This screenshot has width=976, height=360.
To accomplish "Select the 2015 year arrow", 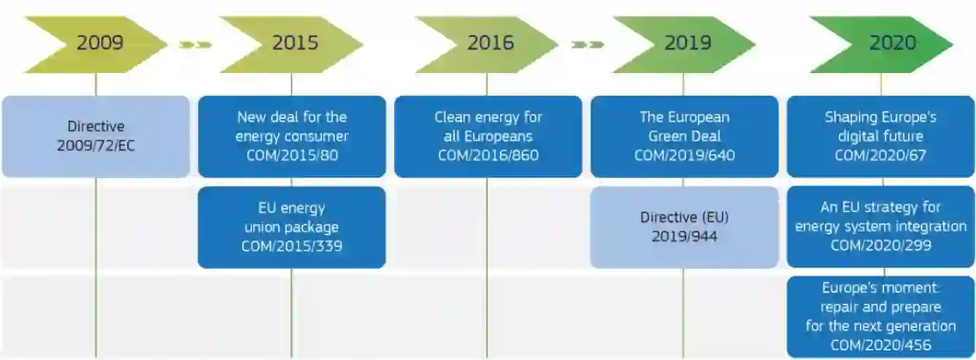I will click(292, 44).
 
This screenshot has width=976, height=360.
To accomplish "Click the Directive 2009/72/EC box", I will click(96, 137).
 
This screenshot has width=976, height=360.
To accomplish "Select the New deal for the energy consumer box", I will click(292, 137).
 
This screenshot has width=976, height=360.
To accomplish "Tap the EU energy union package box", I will click(292, 227).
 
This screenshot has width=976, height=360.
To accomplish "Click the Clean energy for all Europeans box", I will click(488, 137).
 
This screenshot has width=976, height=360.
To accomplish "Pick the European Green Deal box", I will click(684, 137).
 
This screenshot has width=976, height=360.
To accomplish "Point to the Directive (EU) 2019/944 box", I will click(684, 227).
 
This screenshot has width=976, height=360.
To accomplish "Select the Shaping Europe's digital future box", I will click(880, 137).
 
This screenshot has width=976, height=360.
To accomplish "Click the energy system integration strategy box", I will click(880, 227).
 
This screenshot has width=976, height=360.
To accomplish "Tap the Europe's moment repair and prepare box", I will click(880, 316).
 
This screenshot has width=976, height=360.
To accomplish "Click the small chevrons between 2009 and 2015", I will click(195, 45).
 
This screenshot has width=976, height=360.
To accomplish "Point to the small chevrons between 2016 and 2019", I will click(588, 45).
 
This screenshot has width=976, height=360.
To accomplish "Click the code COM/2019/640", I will click(684, 155).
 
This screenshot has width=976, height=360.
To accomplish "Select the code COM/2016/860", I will click(488, 155).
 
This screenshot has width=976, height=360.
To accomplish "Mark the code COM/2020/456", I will click(880, 344).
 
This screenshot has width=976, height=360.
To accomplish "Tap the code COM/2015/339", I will click(292, 246).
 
